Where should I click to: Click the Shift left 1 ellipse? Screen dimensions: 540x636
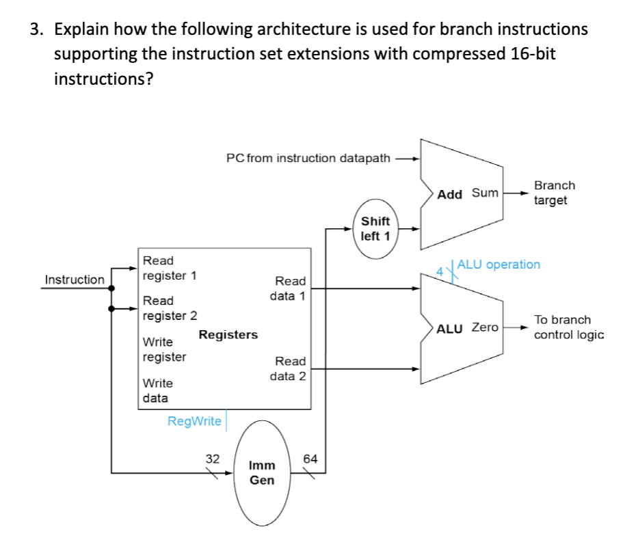375,229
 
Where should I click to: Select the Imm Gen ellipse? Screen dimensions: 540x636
262,472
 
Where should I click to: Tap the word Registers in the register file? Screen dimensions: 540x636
228,334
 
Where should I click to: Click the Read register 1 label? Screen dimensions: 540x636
169,268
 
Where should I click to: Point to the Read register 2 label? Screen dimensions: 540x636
170,308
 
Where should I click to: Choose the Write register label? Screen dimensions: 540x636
164,349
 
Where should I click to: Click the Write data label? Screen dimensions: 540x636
157,390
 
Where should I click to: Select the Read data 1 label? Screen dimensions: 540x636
290,288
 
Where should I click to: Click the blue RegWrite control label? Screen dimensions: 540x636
194,421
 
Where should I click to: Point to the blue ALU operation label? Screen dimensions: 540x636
499,265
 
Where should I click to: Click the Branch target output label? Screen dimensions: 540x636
554,193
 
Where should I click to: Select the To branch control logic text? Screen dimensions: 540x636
559,327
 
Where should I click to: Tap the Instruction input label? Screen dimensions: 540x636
75,280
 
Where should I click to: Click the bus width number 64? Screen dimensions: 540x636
310,459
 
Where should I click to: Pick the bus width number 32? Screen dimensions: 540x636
213,459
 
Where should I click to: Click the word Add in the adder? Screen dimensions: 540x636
450,194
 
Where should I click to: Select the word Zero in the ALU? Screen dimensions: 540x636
486,327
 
